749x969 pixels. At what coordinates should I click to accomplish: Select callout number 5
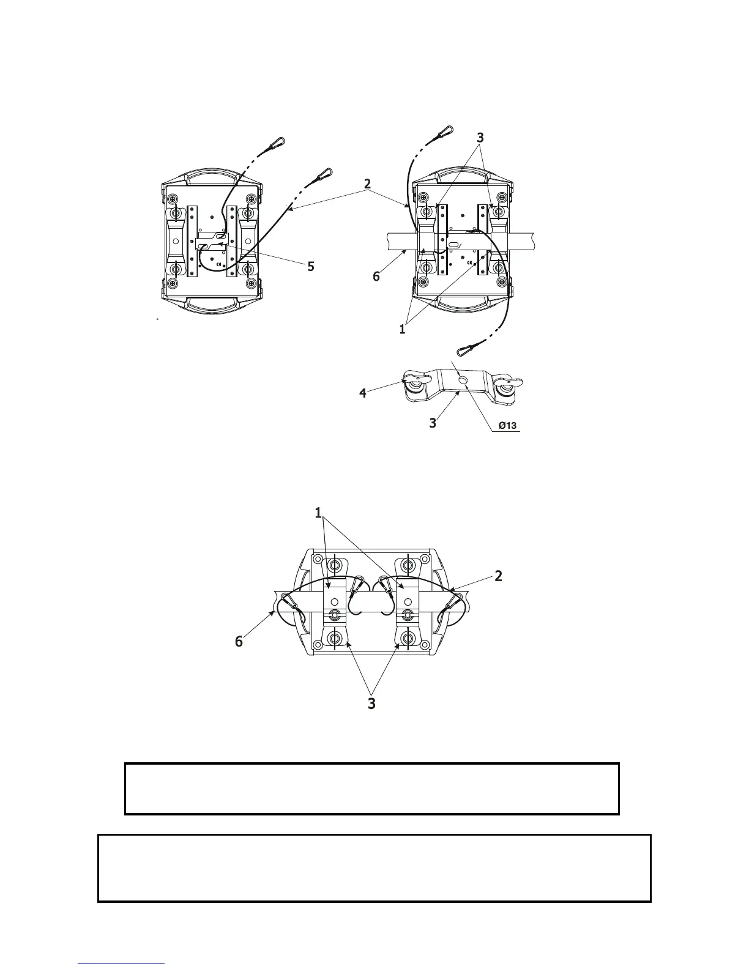(x=311, y=267)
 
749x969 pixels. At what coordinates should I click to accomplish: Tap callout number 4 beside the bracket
(x=363, y=393)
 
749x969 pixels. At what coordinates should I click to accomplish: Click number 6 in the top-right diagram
(x=376, y=277)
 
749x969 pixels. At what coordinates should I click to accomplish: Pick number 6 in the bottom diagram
(x=239, y=641)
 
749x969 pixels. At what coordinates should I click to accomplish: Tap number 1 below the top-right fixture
(x=402, y=329)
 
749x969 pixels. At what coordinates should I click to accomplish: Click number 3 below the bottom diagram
(x=371, y=704)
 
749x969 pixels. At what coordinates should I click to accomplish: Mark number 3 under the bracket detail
(x=433, y=423)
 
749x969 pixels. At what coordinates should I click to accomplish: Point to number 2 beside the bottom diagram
(x=499, y=576)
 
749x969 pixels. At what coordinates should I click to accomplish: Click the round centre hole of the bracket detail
(x=464, y=381)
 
